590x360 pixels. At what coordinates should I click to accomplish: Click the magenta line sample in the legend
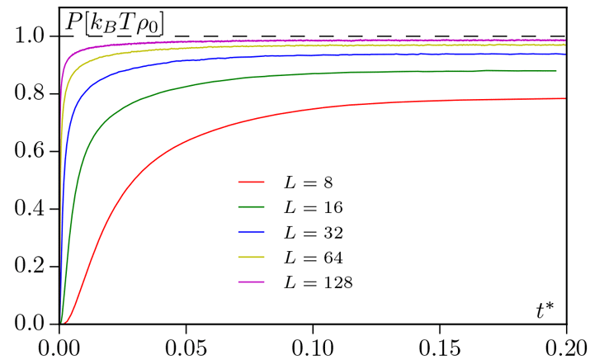251,282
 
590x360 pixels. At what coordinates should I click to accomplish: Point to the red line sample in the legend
251,179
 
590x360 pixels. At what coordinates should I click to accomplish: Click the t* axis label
545,311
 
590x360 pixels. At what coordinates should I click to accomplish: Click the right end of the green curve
555,71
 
